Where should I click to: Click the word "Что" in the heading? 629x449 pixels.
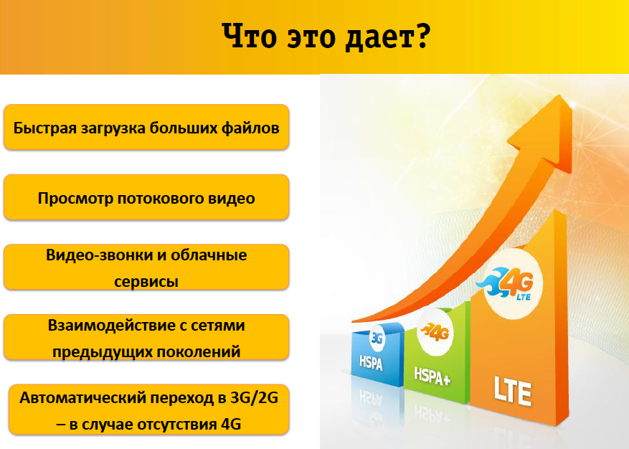250,36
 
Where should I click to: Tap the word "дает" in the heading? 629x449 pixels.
380,39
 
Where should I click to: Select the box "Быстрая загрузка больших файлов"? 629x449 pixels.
146,127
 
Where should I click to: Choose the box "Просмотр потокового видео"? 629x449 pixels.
146,197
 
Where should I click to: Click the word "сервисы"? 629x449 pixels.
146,282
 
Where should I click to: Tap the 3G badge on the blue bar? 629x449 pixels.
377,338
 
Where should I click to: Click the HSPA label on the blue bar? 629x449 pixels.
371,362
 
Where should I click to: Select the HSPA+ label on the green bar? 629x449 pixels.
432,377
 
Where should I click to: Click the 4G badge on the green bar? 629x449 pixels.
435,332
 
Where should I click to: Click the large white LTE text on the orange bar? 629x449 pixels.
513,391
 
